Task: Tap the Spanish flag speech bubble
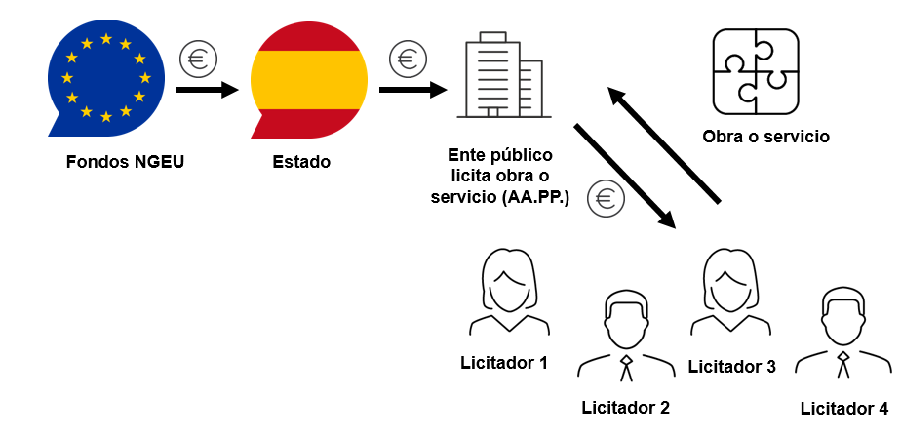pos(308,79)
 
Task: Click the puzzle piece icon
pos(756,71)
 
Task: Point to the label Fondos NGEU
pos(125,161)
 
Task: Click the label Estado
pos(301,161)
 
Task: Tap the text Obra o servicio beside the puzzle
pos(765,137)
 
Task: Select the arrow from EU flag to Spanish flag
pos(207,90)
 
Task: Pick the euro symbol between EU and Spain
pos(198,59)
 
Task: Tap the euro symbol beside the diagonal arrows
pos(605,199)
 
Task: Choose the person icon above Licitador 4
pos(842,335)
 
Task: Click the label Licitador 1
pos(504,363)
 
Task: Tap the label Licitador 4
pos(843,409)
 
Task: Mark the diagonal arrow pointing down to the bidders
pos(625,176)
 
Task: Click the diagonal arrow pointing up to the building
pos(664,145)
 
